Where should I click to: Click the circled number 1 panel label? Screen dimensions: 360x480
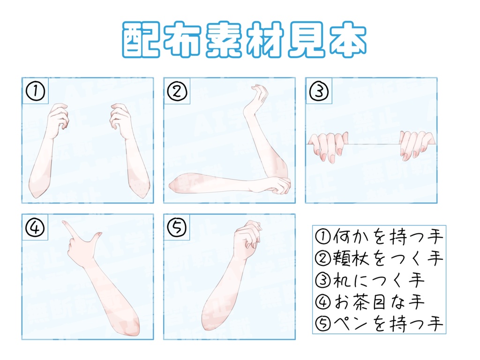click(35, 91)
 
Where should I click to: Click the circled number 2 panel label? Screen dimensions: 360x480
click(177, 91)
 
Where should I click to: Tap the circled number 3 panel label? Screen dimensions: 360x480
click(319, 91)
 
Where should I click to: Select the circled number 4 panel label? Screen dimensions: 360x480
click(35, 227)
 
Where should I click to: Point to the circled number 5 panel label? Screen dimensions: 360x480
click(177, 227)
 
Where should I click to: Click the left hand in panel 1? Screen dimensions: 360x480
click(57, 120)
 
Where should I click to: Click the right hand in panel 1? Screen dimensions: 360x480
click(120, 120)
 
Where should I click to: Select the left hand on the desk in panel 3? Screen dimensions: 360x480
click(330, 145)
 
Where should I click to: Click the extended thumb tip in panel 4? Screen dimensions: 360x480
click(99, 233)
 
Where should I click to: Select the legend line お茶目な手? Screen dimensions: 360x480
click(370, 302)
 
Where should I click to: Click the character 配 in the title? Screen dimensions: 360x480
click(141, 40)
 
